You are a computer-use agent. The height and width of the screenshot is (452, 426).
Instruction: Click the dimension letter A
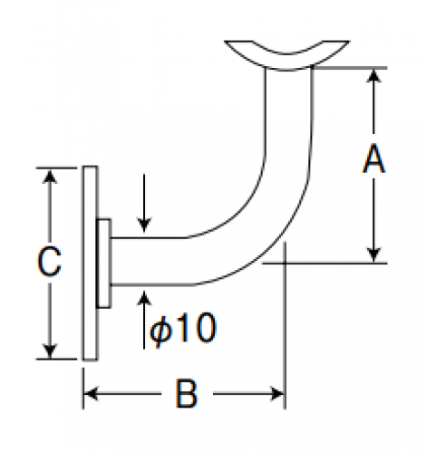pyautogui.click(x=374, y=159)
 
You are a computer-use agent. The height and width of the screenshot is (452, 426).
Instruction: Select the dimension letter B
pyautogui.click(x=186, y=394)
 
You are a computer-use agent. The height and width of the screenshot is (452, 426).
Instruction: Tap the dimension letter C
pyautogui.click(x=49, y=262)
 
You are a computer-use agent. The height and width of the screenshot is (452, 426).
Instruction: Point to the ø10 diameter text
pyautogui.click(x=183, y=328)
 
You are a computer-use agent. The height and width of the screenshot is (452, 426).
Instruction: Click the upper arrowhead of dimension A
pyautogui.click(x=374, y=75)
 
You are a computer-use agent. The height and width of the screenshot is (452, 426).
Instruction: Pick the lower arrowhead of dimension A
pyautogui.click(x=374, y=255)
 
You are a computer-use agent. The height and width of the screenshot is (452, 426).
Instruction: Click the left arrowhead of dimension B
pyautogui.click(x=91, y=394)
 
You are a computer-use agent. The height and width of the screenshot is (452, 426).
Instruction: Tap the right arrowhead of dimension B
pyautogui.click(x=277, y=394)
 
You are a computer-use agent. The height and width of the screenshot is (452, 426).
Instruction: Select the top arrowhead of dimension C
pyautogui.click(x=50, y=176)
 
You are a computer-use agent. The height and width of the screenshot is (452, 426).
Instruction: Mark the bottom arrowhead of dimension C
pyautogui.click(x=50, y=351)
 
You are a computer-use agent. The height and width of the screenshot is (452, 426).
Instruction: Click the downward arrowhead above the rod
pyautogui.click(x=144, y=226)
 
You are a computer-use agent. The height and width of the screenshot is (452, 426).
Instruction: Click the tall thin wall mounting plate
pyautogui.click(x=90, y=263)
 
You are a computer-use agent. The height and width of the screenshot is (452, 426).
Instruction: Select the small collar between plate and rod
pyautogui.click(x=103, y=264)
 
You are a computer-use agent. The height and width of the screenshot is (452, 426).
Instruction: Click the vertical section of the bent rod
pyautogui.click(x=288, y=120)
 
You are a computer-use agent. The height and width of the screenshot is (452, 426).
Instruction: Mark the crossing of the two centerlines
pyautogui.click(x=285, y=264)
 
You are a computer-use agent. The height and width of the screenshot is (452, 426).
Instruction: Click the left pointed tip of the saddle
pyautogui.click(x=225, y=41)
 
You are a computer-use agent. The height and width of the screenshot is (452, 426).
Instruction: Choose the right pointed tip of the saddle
pyautogui.click(x=350, y=41)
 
